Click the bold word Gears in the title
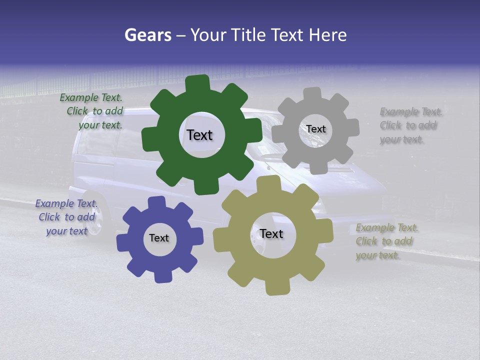point(147,35)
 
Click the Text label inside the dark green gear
point(199,135)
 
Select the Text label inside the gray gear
point(315,129)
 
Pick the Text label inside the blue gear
point(159,238)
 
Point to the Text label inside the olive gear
point(271,233)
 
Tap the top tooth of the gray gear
point(312,94)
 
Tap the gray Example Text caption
point(410,125)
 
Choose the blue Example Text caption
point(66,217)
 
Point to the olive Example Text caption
point(386,241)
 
